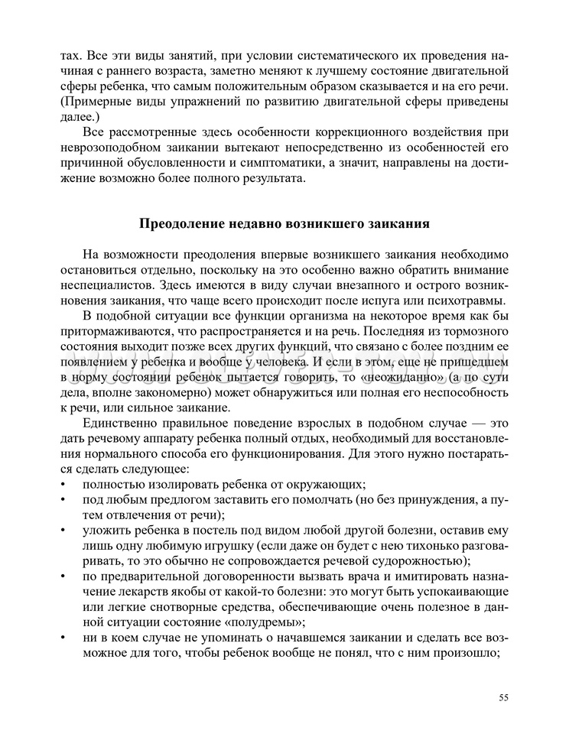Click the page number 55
[503, 696]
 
